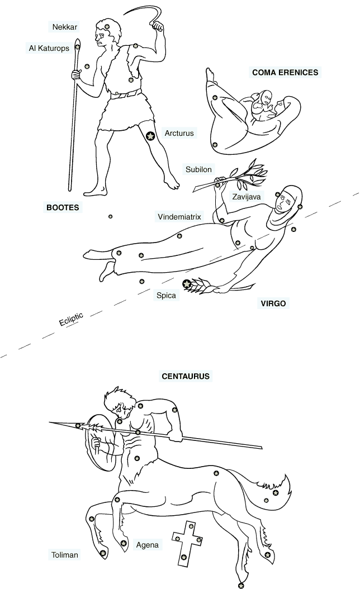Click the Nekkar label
[x=65, y=27]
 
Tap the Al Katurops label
[x=49, y=48]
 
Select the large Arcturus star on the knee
[x=150, y=136]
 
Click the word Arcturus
[x=179, y=133]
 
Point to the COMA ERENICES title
[x=285, y=73]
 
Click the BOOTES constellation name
[x=63, y=207]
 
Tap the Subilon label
[x=198, y=169]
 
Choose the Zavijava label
[x=246, y=197]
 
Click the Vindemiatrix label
[x=179, y=217]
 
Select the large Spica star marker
[x=186, y=284]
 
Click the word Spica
[x=166, y=296]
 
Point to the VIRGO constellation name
[x=273, y=303]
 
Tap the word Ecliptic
[x=71, y=319]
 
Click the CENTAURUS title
[x=186, y=376]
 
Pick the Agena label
[x=147, y=545]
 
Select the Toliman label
[x=65, y=555]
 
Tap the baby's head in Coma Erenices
[x=267, y=98]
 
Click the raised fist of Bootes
[x=158, y=26]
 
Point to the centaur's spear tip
[x=50, y=422]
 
